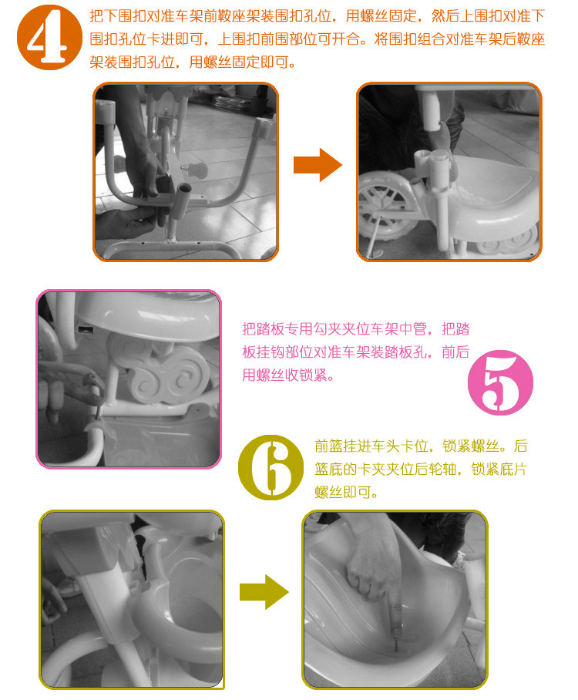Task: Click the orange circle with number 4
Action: [49, 37]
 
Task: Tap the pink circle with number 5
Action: [500, 382]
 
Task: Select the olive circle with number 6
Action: [271, 467]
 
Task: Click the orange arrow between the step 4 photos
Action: [318, 165]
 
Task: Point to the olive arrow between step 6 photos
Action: [264, 592]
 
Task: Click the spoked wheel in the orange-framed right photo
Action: [383, 205]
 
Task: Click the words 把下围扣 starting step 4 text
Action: [118, 16]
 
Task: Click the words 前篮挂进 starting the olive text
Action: [343, 446]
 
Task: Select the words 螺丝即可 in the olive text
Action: [343, 493]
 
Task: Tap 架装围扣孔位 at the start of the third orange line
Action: [132, 62]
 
